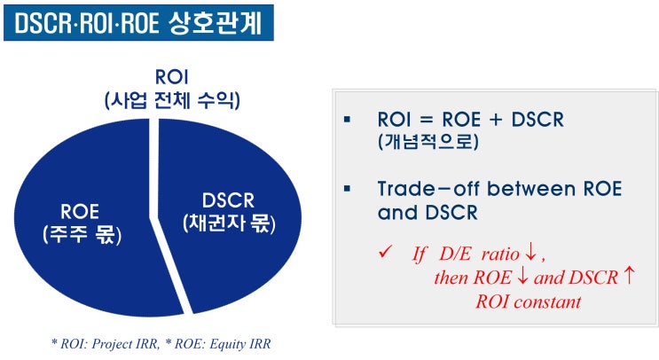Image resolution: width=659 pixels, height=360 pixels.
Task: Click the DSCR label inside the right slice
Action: point(231,201)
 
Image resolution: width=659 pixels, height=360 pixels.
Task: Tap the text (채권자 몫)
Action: point(231,223)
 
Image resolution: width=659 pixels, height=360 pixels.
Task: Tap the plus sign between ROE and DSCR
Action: point(506,119)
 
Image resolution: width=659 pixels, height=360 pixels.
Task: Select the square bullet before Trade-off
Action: point(348,188)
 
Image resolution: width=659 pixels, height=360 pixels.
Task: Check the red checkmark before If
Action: point(385,252)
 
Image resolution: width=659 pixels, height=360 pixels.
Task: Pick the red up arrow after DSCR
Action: point(629,277)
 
